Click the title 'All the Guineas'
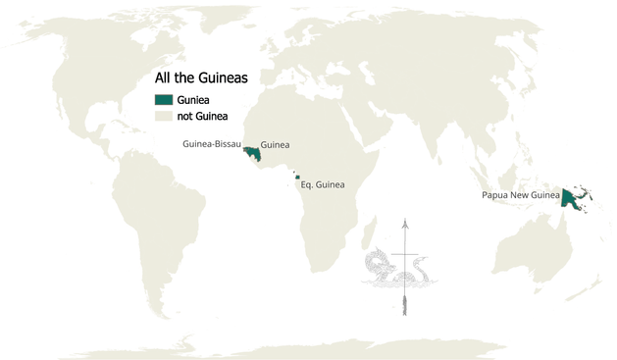[201, 77]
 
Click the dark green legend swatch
[163, 99]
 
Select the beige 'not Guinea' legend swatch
[163, 116]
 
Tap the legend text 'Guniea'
[193, 99]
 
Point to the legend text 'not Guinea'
[202, 116]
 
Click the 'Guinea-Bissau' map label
[212, 144]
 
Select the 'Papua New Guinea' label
[520, 195]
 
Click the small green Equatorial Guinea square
[297, 178]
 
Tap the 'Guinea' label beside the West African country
[275, 144]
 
